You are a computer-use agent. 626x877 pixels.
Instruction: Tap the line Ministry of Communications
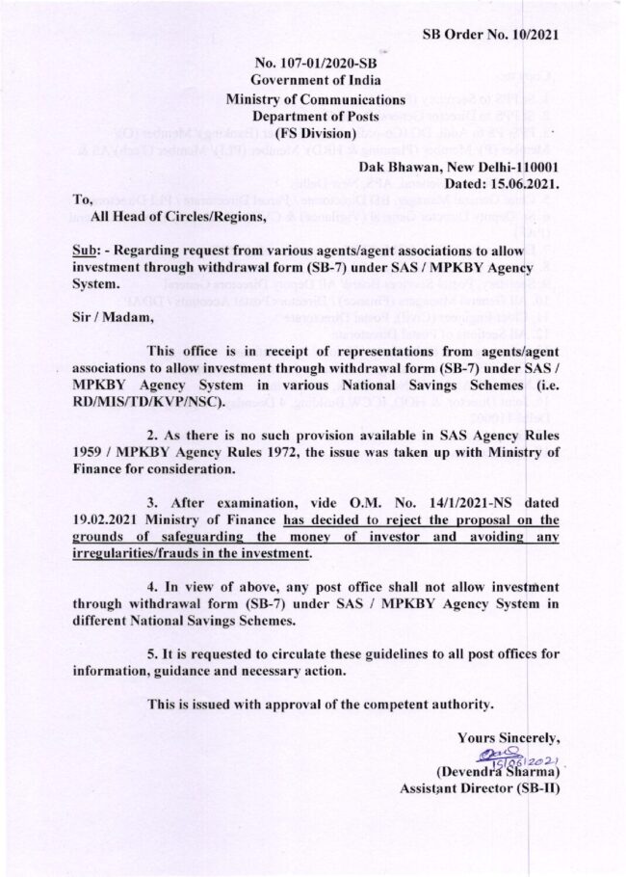[x=314, y=99]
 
